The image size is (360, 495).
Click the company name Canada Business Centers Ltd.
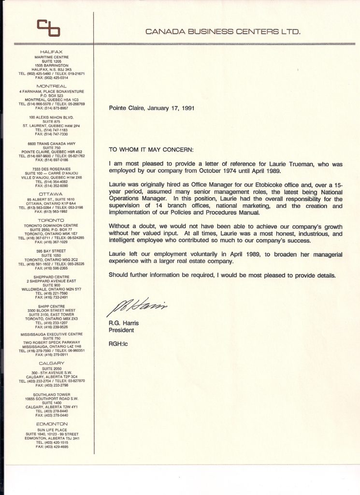point(223,32)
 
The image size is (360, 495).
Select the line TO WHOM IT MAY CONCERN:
point(151,149)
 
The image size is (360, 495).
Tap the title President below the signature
point(121,331)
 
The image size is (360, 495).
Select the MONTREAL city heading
point(51,86)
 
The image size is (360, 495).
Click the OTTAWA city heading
point(51,193)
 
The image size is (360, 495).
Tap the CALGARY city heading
point(52,363)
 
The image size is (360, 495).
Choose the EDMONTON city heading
point(52,423)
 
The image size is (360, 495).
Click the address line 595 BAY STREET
point(52,251)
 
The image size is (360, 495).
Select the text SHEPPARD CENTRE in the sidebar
point(52,277)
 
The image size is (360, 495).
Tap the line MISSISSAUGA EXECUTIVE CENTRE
point(52,334)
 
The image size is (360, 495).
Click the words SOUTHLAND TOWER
point(52,394)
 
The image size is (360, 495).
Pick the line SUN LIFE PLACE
point(52,429)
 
